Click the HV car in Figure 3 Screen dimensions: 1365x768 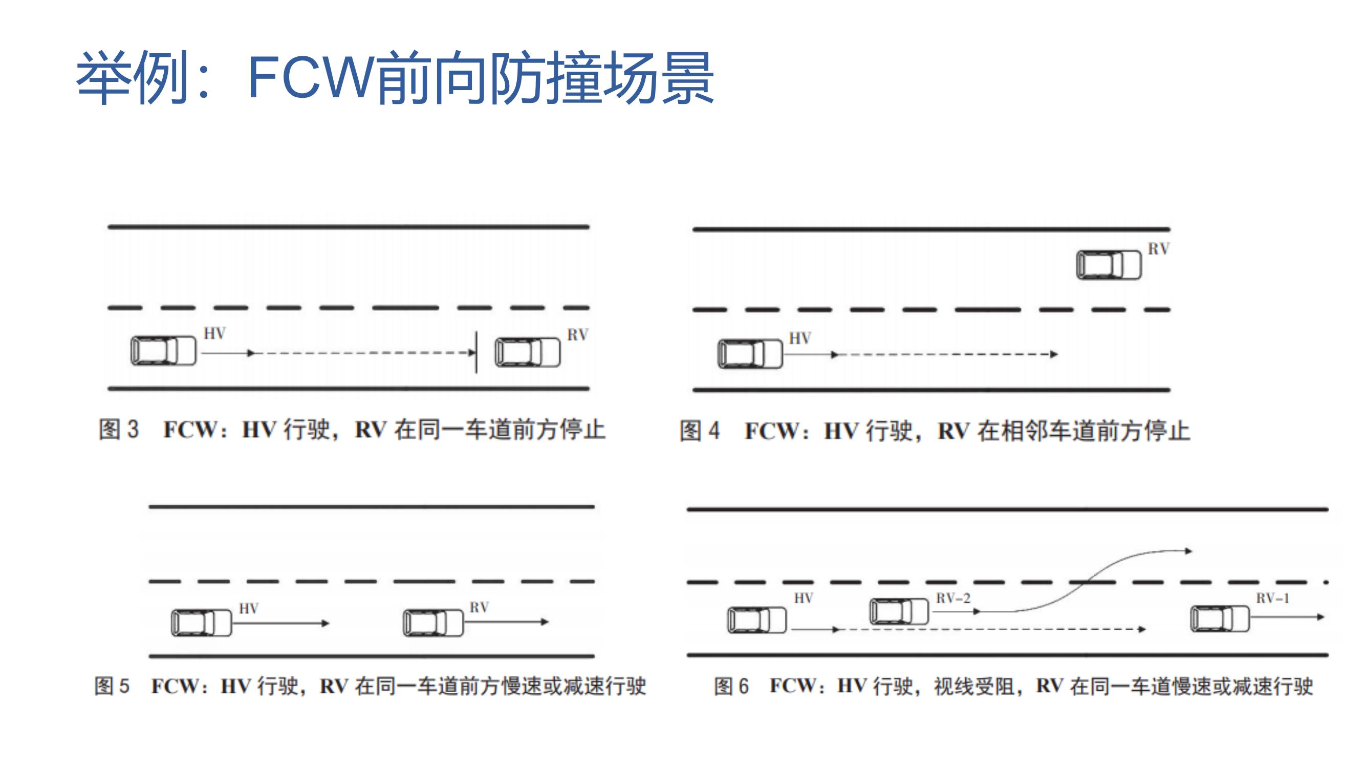point(163,350)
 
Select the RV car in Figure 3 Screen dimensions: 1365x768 point(527,352)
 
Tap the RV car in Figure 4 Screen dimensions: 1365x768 point(1109,265)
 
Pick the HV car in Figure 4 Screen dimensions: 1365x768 point(750,353)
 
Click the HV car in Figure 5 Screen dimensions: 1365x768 point(201,623)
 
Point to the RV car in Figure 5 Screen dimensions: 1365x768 point(433,622)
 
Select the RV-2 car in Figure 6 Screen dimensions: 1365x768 point(899,611)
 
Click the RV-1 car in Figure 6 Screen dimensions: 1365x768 point(1220,618)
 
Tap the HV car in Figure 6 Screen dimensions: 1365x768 point(756,620)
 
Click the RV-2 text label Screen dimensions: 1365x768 point(953,599)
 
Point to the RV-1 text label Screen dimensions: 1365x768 point(1272,599)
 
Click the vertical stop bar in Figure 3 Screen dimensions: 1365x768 point(476,352)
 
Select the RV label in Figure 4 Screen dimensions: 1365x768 point(1158,249)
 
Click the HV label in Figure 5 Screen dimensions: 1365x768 point(249,608)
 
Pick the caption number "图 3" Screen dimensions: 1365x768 point(119,430)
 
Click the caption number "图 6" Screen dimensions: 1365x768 point(731,686)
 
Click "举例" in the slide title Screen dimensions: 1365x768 point(133,77)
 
